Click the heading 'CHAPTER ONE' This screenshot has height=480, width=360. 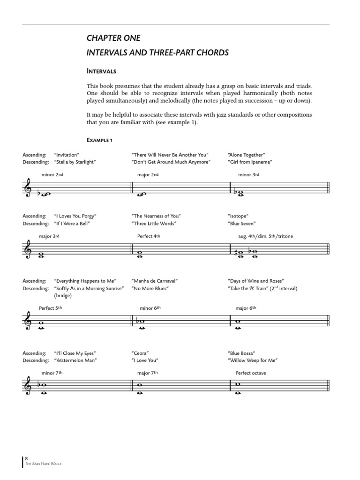[113, 38]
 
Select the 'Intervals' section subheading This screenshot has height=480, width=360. [101, 72]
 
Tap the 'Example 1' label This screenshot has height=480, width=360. [99, 140]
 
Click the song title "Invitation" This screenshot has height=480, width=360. [67, 155]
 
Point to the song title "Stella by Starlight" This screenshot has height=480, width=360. [75, 162]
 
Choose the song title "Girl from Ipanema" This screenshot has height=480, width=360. [250, 162]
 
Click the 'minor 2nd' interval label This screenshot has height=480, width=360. [52, 175]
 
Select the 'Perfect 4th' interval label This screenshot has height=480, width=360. [149, 236]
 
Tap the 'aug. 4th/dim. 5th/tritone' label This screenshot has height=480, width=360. [265, 236]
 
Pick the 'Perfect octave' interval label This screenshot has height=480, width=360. [251, 374]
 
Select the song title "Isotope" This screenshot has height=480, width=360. [237, 216]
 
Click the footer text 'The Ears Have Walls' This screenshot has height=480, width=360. [44, 464]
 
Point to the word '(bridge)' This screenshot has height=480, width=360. [64, 296]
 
